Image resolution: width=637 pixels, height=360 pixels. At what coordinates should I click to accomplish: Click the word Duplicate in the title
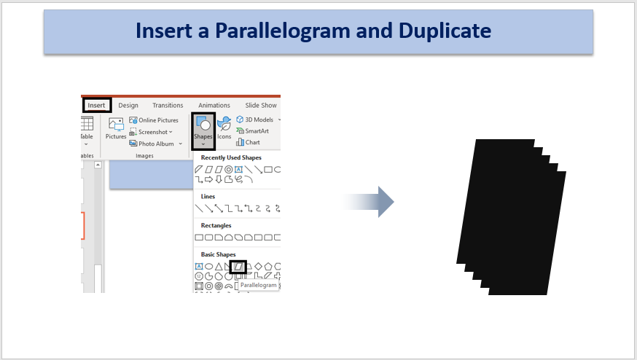[445, 31]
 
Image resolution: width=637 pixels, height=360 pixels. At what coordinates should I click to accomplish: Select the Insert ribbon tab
[96, 105]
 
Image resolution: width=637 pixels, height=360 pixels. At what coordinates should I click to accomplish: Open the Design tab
[128, 105]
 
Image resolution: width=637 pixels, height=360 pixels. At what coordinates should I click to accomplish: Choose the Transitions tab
[168, 105]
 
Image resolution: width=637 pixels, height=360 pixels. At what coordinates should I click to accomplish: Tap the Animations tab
[214, 105]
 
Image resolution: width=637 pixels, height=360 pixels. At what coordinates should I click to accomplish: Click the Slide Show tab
[261, 105]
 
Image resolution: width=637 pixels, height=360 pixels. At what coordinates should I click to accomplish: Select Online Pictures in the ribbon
[154, 120]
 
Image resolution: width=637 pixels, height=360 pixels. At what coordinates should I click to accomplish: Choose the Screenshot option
[151, 132]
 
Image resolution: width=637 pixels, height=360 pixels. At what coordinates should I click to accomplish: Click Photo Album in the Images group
[155, 144]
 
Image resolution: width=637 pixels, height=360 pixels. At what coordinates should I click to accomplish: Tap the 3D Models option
[259, 120]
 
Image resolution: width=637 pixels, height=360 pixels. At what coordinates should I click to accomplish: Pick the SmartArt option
[252, 131]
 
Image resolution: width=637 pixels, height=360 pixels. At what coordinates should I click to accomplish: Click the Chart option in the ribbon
[248, 142]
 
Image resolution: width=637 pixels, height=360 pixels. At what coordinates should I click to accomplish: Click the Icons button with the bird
[224, 128]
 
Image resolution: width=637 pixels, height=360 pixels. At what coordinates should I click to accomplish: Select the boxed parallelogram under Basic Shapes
[238, 267]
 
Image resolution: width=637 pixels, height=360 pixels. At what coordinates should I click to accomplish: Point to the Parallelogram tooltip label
[259, 285]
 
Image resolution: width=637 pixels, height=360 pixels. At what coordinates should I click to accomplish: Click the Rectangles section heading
[216, 225]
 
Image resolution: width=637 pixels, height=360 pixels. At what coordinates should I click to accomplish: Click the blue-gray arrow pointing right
[367, 202]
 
